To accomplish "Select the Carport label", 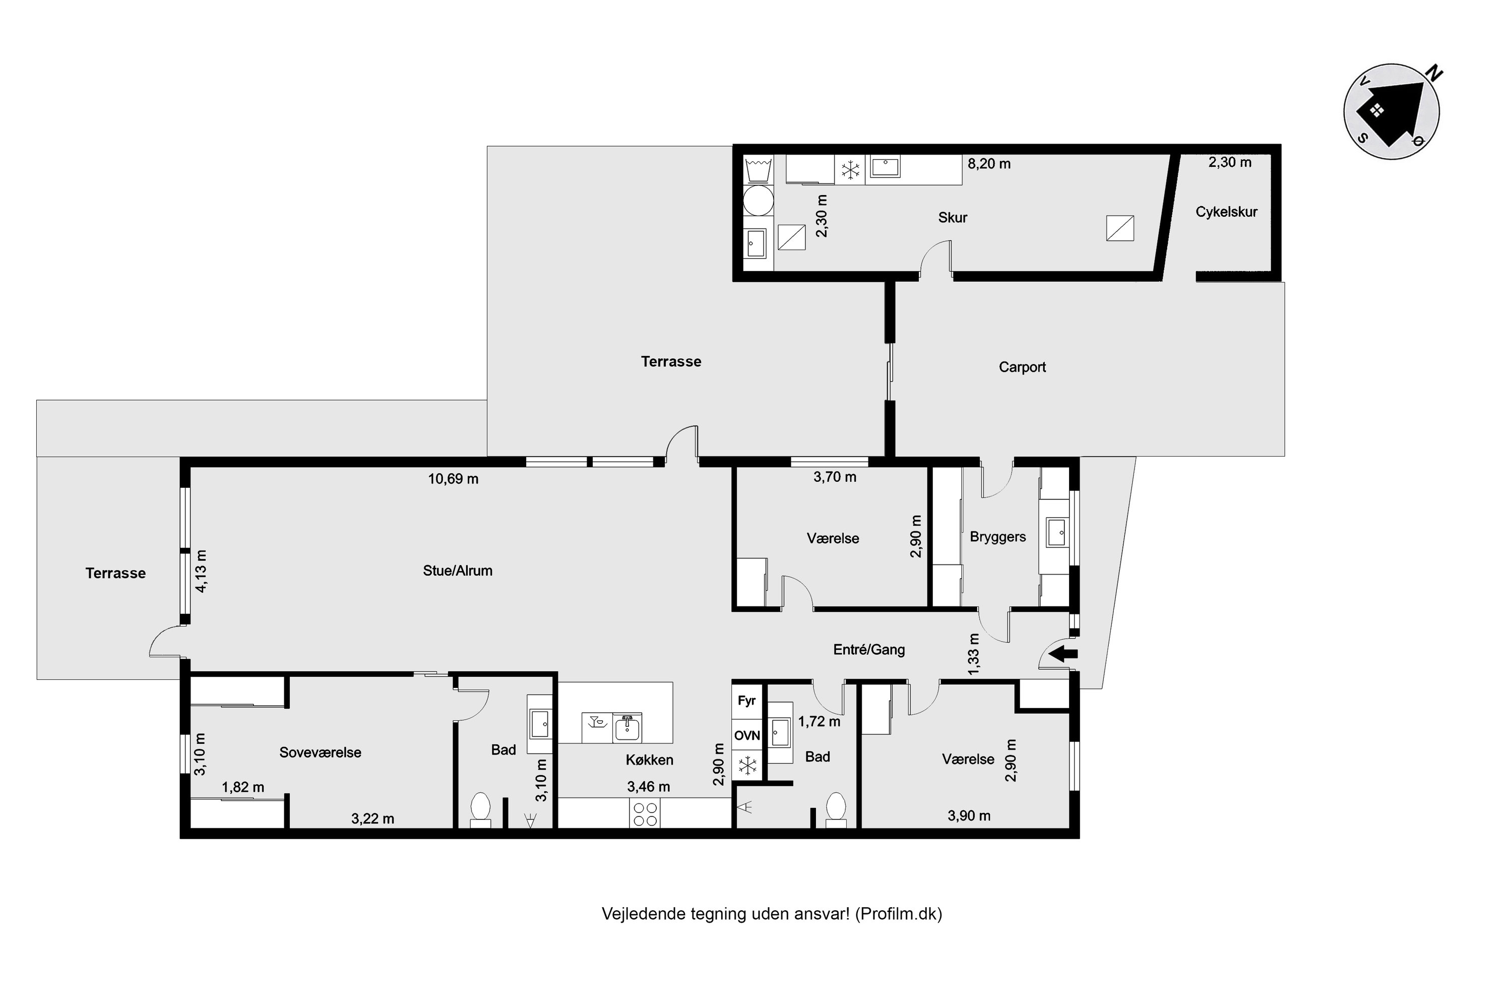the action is pyautogui.click(x=1022, y=367).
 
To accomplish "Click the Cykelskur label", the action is pyautogui.click(x=1226, y=212).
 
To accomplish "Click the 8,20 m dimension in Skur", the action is pyautogui.click(x=989, y=164).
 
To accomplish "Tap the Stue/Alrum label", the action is pyautogui.click(x=458, y=571).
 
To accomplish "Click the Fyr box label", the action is pyautogui.click(x=746, y=701).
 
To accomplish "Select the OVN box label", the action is pyautogui.click(x=747, y=735).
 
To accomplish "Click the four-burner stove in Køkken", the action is pyautogui.click(x=645, y=814).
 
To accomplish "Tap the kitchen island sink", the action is pyautogui.click(x=627, y=728).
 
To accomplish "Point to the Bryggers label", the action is pyautogui.click(x=998, y=537).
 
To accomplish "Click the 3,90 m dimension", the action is pyautogui.click(x=969, y=816).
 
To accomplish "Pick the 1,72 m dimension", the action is pyautogui.click(x=819, y=721).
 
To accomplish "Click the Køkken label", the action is pyautogui.click(x=649, y=760).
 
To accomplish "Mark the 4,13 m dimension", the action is pyautogui.click(x=201, y=571).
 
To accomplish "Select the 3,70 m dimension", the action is pyautogui.click(x=835, y=477).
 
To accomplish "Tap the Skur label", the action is pyautogui.click(x=952, y=217).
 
